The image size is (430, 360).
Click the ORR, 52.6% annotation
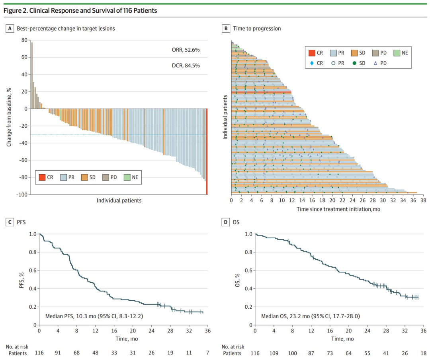point(183,50)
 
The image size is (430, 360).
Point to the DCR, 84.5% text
point(183,65)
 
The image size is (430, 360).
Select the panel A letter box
point(9,29)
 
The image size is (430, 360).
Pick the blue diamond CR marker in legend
point(311,63)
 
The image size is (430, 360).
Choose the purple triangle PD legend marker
point(375,63)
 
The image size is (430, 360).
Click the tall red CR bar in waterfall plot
point(207,151)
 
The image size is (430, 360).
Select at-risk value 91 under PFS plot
point(58,353)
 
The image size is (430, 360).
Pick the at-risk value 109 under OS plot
point(274,353)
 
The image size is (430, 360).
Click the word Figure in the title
point(12,11)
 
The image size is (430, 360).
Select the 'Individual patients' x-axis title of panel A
point(119,200)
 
